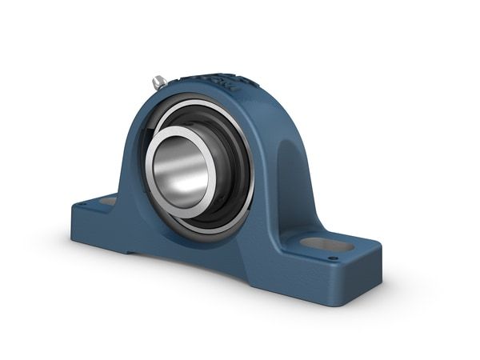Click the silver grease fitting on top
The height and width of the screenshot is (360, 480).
click(x=159, y=81)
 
